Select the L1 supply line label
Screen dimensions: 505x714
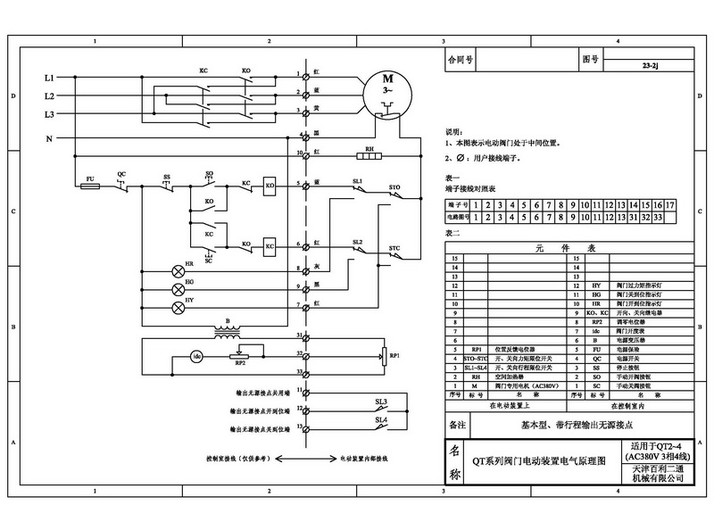(x=49, y=78)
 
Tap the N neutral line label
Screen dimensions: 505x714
(x=49, y=138)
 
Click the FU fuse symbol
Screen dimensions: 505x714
(x=90, y=187)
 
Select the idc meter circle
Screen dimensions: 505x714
(x=198, y=357)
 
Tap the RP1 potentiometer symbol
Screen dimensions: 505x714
(x=384, y=355)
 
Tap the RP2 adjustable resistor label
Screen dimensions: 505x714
(x=238, y=364)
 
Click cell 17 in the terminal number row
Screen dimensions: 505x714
(x=668, y=204)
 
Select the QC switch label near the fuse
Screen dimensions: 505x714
(x=121, y=173)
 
